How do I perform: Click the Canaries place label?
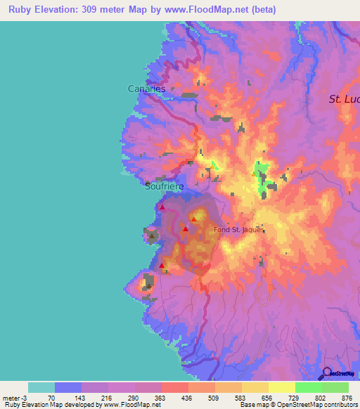point(146,89)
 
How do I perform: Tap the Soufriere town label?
point(164,187)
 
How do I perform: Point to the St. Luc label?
point(344,99)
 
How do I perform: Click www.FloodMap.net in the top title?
point(208,10)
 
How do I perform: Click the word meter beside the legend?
point(11,398)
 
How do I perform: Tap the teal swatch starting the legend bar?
point(41,387)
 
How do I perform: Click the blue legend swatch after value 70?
point(67,387)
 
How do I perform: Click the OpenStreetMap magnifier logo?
point(326,373)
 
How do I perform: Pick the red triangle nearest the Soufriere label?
point(162,207)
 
